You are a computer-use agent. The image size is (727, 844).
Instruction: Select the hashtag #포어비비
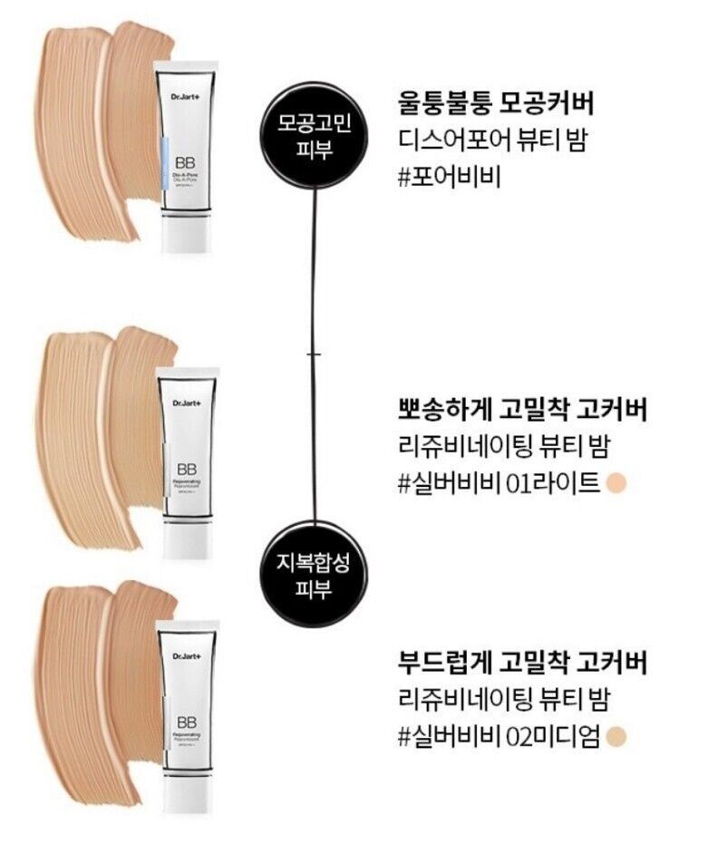tap(451, 173)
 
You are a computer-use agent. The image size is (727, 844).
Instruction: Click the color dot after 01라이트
tap(619, 482)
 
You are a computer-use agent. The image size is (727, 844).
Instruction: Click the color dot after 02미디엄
tap(619, 734)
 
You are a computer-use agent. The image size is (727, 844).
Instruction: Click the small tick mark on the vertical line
tap(314, 353)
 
